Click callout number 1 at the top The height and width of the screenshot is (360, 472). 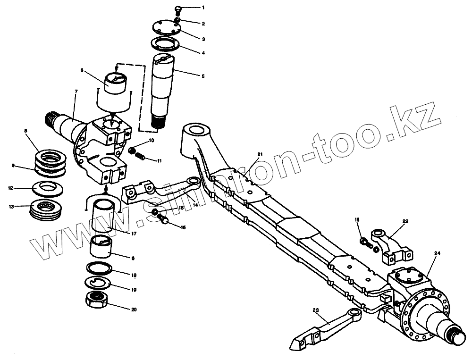(203, 8)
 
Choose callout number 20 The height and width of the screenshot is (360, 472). (135, 310)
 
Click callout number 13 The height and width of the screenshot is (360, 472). (10, 206)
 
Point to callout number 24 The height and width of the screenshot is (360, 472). (437, 254)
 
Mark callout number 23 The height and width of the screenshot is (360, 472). (316, 310)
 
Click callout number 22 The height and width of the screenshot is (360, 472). (405, 221)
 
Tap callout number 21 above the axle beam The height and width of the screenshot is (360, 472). (260, 155)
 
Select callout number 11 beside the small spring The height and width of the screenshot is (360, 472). (160, 161)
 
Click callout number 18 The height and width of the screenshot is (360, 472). (135, 274)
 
